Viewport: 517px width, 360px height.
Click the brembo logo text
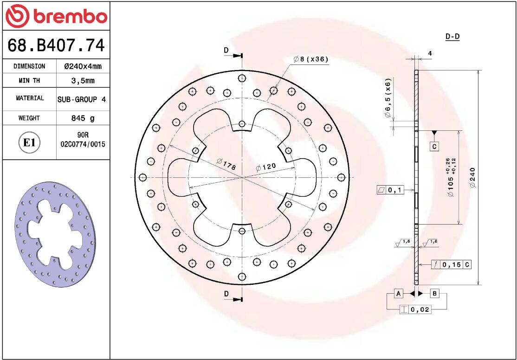[x=70, y=17]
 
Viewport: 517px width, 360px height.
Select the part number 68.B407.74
[x=56, y=45]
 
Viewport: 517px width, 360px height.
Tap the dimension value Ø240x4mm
[x=83, y=66]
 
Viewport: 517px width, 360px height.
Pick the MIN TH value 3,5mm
[x=83, y=81]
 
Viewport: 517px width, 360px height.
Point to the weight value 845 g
[x=83, y=118]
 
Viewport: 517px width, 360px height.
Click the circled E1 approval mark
[x=29, y=142]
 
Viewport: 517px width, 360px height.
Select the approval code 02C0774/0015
[x=83, y=144]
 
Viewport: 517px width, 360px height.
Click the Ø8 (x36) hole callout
[x=311, y=59]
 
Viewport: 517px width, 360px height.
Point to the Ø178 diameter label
[x=226, y=163]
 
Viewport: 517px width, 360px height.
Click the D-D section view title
[x=452, y=37]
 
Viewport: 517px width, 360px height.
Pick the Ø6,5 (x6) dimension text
[x=388, y=98]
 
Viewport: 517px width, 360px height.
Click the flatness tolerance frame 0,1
[x=391, y=190]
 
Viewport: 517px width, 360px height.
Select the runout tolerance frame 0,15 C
[x=452, y=265]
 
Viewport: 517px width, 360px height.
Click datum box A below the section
[x=398, y=293]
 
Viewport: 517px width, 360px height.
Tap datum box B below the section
[x=434, y=293]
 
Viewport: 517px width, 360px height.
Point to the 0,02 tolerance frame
[x=415, y=309]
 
